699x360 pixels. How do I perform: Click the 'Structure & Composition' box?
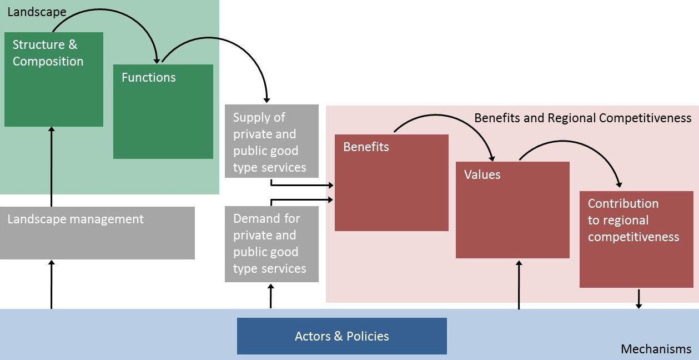(54, 79)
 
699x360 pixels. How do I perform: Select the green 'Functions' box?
(163, 112)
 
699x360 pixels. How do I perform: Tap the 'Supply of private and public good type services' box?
(271, 141)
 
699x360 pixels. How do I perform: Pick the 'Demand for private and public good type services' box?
(271, 244)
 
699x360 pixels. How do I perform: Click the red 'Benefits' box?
(391, 183)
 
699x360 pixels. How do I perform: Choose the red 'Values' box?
(512, 210)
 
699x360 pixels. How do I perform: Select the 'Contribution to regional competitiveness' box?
(636, 239)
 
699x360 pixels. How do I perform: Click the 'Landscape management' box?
(97, 233)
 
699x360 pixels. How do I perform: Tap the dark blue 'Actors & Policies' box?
(341, 336)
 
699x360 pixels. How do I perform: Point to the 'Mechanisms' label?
(656, 349)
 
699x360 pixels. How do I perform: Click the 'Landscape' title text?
(37, 11)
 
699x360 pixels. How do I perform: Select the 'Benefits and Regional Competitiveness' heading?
(582, 118)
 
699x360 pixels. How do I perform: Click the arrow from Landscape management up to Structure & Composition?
(51, 167)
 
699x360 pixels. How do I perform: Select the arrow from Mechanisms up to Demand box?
(271, 296)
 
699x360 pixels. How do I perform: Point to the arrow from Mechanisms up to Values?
(519, 283)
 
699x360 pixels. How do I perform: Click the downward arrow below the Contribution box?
(638, 298)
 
